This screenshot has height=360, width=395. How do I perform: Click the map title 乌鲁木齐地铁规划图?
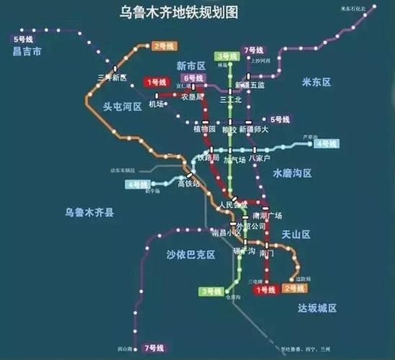click(x=179, y=13)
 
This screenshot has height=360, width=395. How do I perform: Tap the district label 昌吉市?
click(x=27, y=53)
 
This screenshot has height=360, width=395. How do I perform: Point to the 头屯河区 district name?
click(x=122, y=107)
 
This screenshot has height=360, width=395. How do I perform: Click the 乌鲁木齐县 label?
click(x=89, y=212)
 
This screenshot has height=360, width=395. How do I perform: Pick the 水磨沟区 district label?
click(x=292, y=174)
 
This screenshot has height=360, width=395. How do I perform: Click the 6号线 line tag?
click(x=195, y=78)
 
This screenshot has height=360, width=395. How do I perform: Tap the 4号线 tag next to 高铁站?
click(x=137, y=185)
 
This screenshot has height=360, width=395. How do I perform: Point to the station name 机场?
click(x=156, y=104)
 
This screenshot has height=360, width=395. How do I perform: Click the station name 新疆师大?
click(x=253, y=130)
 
